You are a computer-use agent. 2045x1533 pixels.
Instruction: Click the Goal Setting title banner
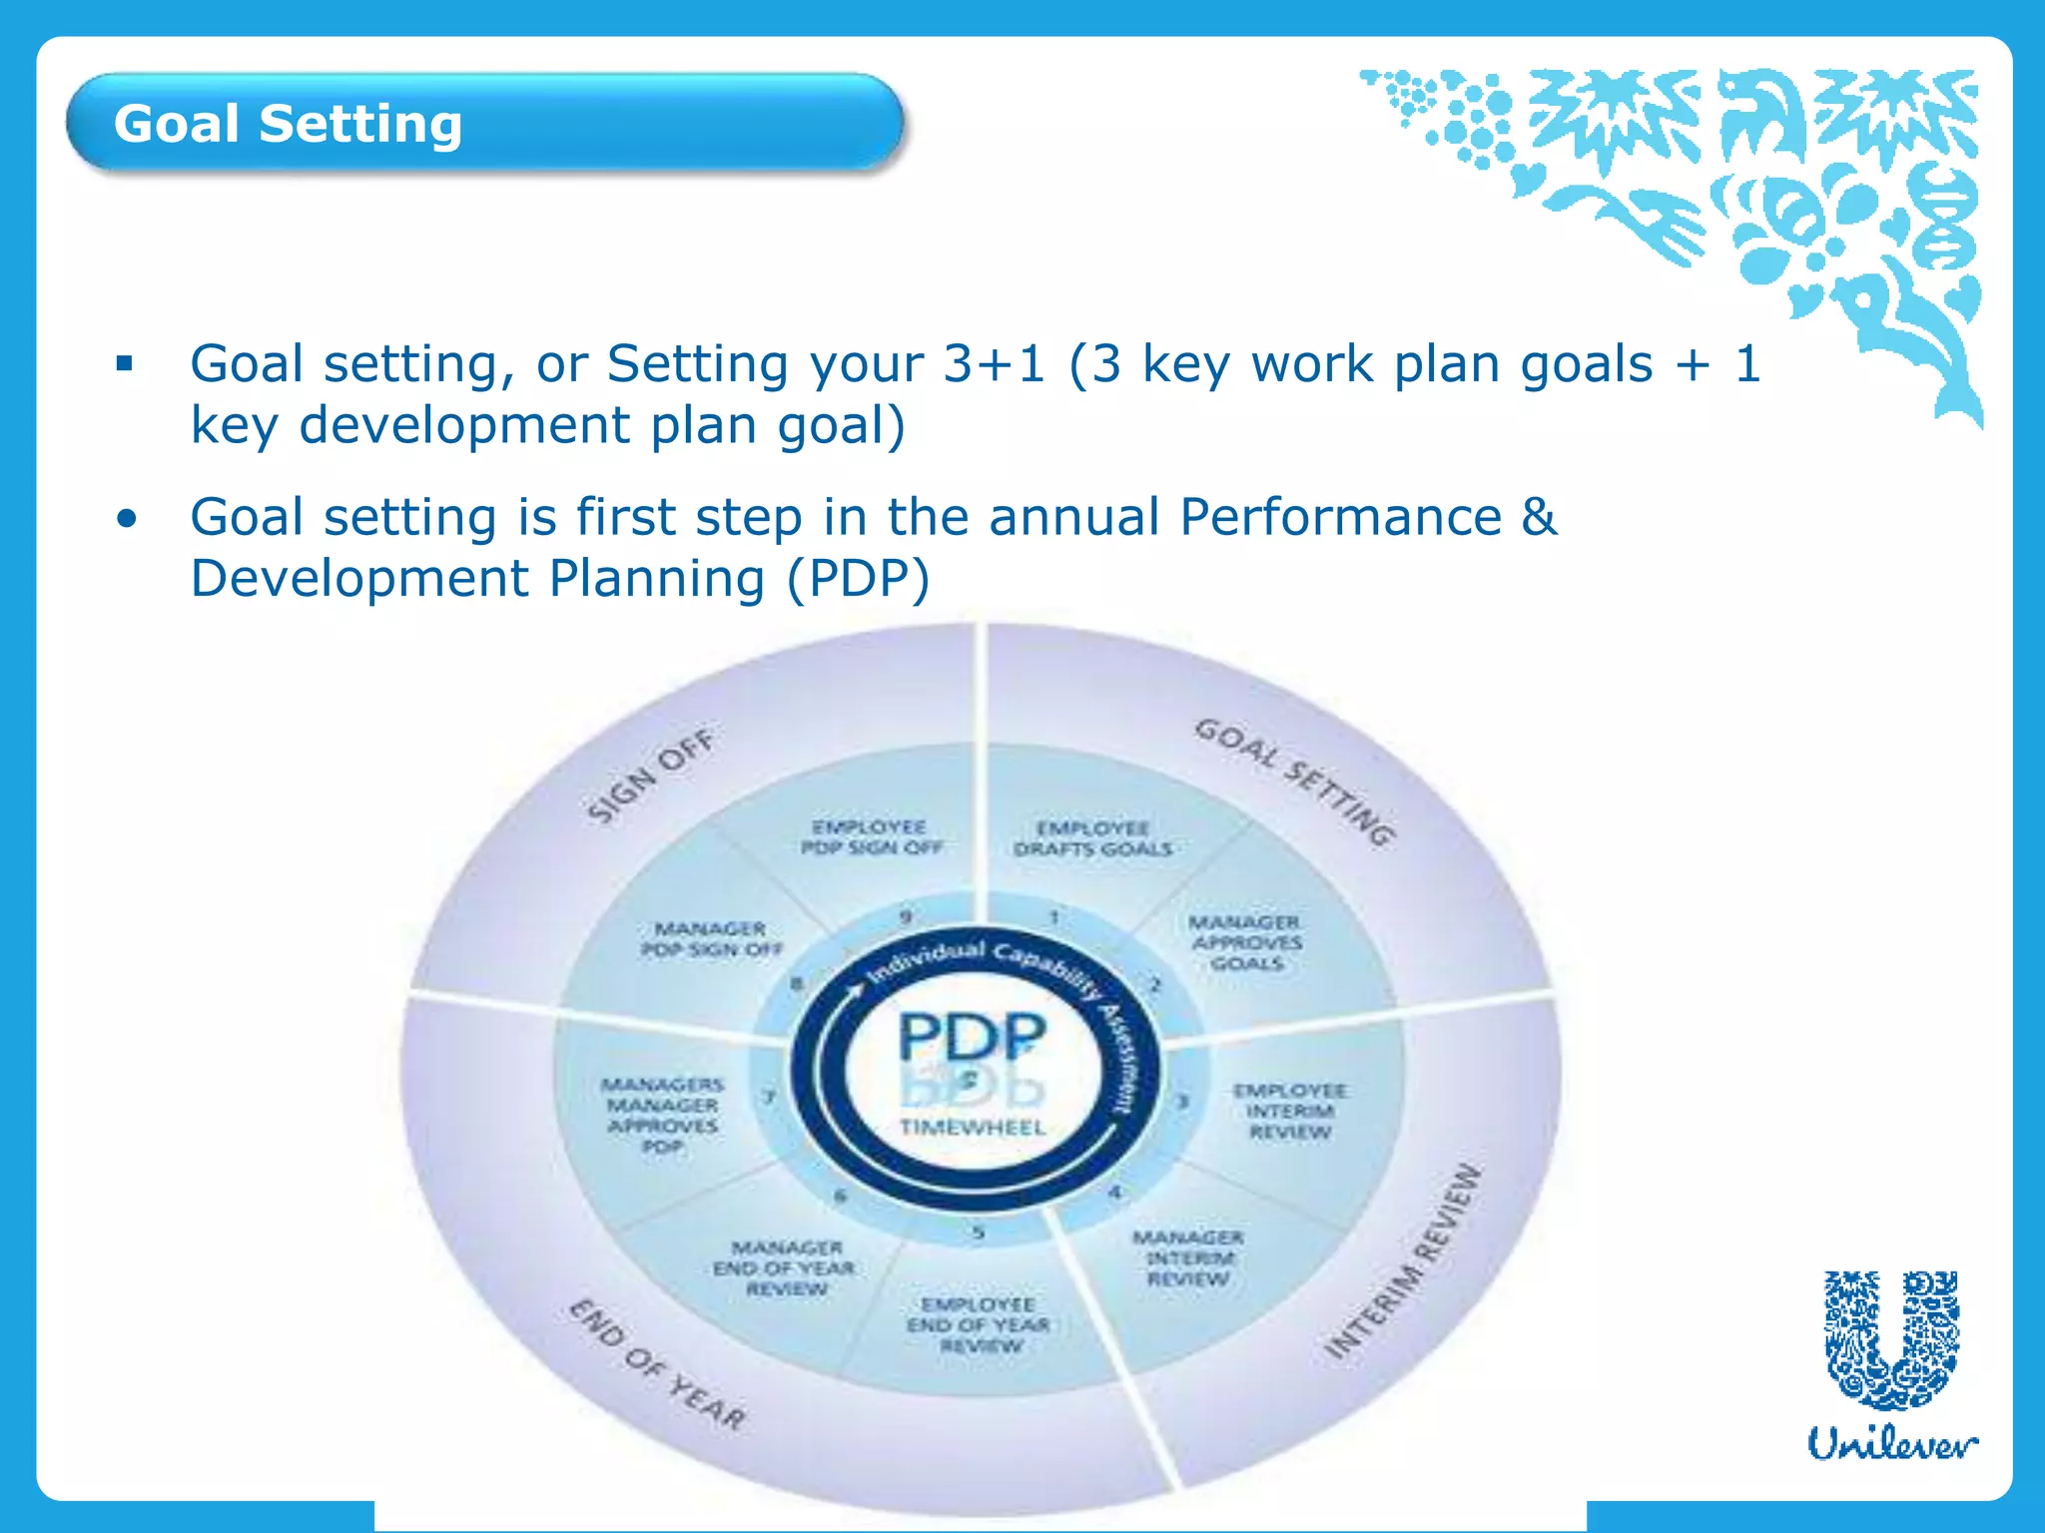485,124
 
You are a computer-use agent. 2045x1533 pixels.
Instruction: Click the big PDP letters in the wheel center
972,1037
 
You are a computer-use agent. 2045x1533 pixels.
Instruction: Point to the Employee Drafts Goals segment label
1092,838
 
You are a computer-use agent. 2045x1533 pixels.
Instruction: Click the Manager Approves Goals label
1245,942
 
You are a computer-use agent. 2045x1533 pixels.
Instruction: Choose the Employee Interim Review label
1289,1111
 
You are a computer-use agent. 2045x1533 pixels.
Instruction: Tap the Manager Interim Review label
1187,1258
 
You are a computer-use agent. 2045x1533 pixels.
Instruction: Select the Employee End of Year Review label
979,1324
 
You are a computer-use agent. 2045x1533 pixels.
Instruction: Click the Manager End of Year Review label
785,1268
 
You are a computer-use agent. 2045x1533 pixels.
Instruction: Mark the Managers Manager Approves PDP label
662,1115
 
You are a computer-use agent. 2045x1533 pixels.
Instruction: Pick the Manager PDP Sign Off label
711,939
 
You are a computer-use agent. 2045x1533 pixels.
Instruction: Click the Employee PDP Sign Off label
871,837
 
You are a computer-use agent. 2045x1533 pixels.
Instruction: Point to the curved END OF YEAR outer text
657,1364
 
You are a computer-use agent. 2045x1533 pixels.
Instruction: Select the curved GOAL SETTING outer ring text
1295,781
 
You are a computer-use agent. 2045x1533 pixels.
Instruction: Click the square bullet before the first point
125,363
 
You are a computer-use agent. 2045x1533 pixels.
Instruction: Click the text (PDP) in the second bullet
858,579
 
